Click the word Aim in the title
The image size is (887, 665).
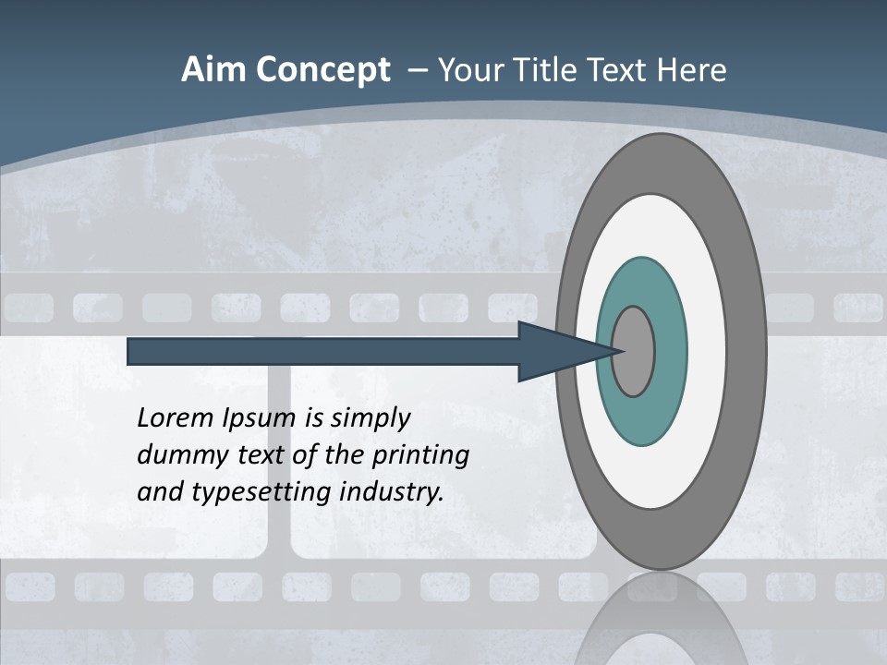tap(213, 70)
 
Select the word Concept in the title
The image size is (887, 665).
tap(322, 70)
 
